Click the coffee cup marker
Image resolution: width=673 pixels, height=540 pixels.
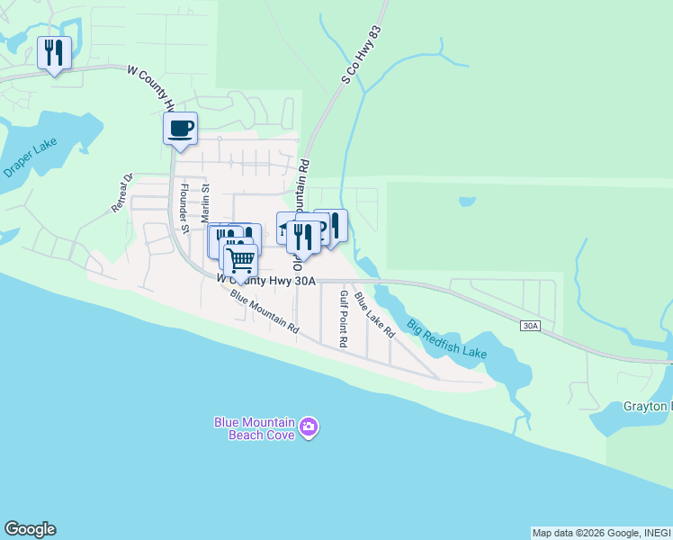(x=180, y=129)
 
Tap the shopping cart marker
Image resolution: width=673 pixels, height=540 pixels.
(x=239, y=260)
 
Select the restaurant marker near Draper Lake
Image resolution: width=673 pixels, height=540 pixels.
(x=54, y=54)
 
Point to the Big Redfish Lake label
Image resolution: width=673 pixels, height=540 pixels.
(x=446, y=338)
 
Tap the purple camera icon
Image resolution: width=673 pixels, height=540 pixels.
(x=309, y=426)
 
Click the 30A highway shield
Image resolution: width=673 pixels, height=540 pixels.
(x=530, y=325)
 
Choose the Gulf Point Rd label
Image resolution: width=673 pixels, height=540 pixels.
(x=343, y=319)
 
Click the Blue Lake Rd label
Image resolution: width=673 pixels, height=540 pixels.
(x=374, y=314)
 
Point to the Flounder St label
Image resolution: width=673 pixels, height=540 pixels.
(x=184, y=208)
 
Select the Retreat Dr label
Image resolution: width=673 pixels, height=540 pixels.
(x=122, y=193)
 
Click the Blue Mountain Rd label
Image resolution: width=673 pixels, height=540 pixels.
(x=264, y=311)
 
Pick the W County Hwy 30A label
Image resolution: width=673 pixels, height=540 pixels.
(x=266, y=281)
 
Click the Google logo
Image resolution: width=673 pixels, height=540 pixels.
(x=30, y=529)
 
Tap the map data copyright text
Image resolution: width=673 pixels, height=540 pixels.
(x=601, y=533)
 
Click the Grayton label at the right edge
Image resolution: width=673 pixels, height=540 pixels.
(x=647, y=406)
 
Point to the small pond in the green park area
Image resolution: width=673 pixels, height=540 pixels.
(x=466, y=202)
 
